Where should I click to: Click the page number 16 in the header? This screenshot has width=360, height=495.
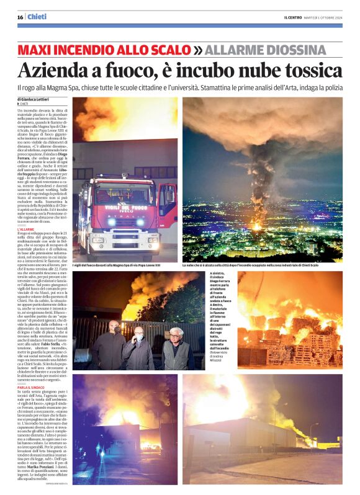click(20, 17)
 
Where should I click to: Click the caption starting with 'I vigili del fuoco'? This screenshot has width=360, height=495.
click(124, 265)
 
